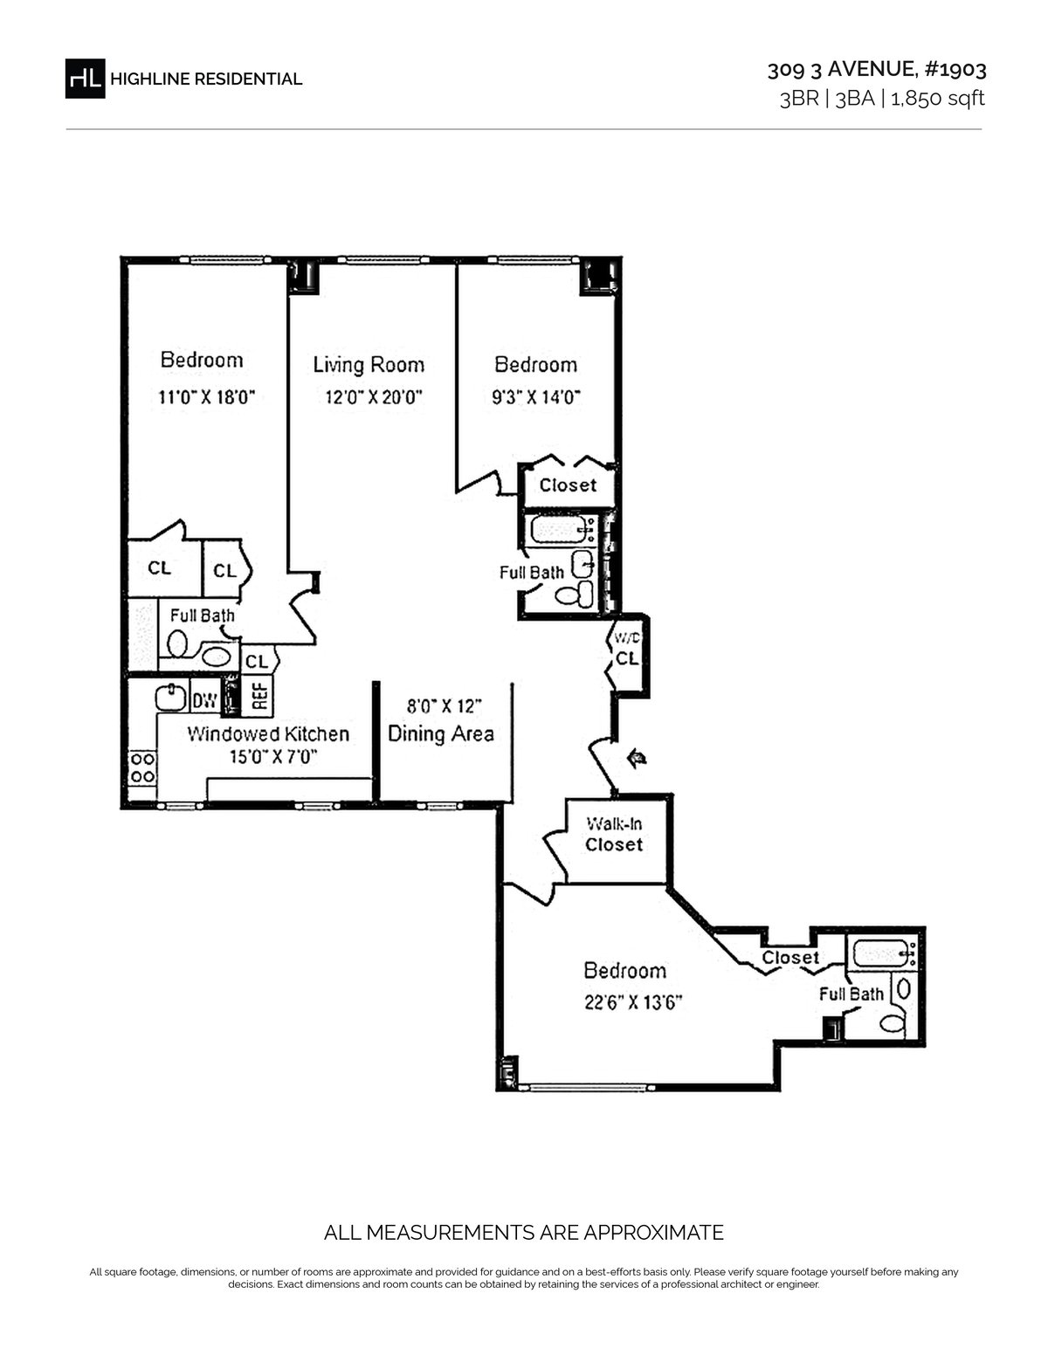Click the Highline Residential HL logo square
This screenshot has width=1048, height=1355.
[85, 79]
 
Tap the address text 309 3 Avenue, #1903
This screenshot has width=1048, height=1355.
[876, 69]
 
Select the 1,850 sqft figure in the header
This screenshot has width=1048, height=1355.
[938, 99]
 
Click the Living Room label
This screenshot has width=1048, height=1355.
[369, 365]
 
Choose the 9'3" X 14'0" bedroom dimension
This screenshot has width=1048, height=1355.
[536, 396]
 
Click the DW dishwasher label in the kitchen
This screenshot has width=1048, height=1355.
[204, 700]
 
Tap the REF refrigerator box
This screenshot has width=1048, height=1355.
[259, 695]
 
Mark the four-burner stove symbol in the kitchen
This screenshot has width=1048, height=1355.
[142, 767]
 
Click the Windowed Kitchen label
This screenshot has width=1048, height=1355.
[268, 733]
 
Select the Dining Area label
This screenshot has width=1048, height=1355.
[441, 733]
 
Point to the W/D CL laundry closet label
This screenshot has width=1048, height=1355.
[627, 650]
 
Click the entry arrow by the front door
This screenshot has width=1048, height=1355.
[637, 758]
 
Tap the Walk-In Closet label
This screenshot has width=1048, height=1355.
[614, 835]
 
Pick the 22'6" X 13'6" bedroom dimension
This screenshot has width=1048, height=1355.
[633, 1002]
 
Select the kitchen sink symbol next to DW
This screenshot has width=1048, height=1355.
[171, 697]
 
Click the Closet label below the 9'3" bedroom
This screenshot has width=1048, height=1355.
[568, 485]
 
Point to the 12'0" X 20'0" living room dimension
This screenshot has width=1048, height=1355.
[374, 396]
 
